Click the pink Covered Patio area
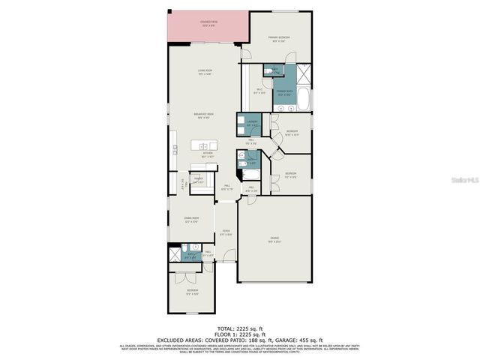pos(207,27)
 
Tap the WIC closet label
pos(259,91)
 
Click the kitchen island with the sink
pos(204,145)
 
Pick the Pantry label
pos(199,181)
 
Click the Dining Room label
pos(191,219)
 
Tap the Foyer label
pos(226,233)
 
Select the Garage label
pos(274,240)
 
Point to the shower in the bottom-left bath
pos(175,249)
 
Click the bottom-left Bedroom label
pos(193,291)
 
